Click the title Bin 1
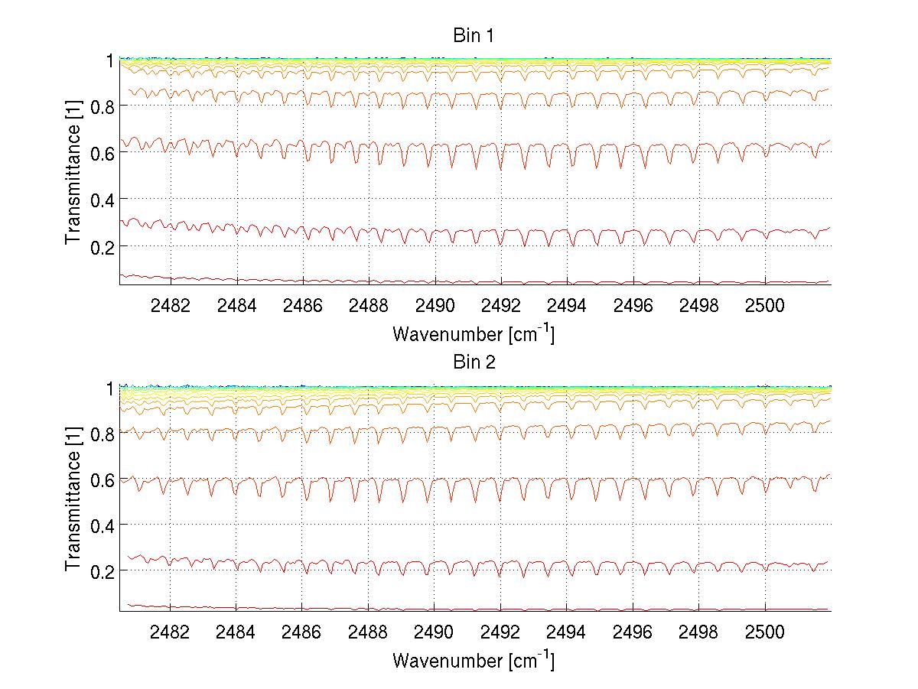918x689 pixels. (x=474, y=35)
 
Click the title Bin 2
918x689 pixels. (x=474, y=362)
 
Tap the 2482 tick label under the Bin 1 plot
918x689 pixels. (x=170, y=306)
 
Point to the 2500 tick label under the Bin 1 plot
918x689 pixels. (x=765, y=306)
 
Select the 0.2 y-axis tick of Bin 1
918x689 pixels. (x=102, y=246)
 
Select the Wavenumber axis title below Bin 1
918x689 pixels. (x=473, y=334)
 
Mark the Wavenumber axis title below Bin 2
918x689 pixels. (x=473, y=661)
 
